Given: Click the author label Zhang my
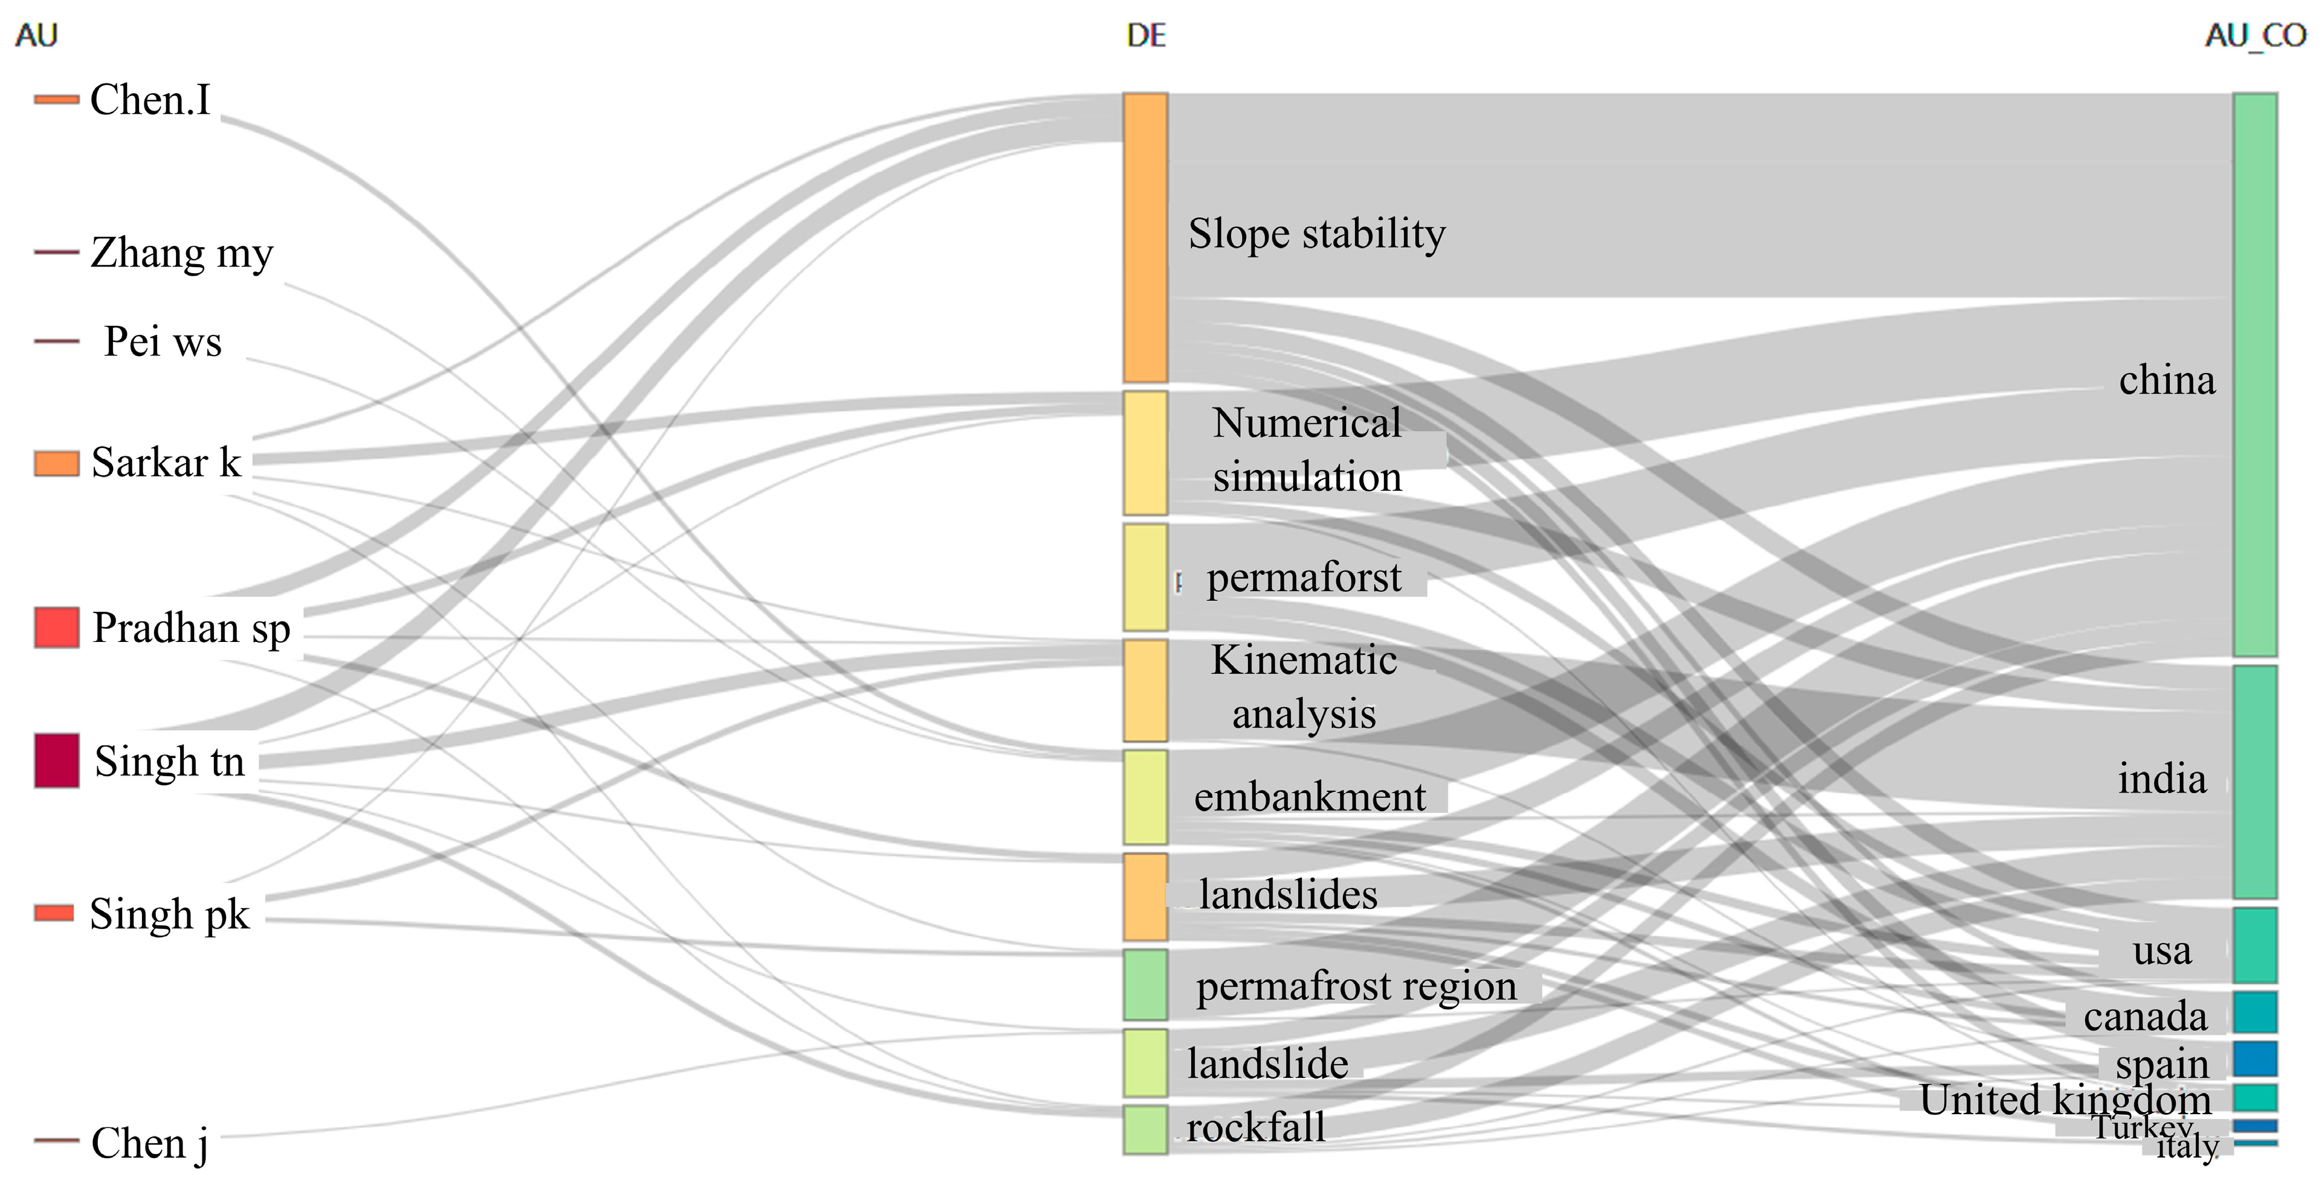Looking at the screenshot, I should point(182,253).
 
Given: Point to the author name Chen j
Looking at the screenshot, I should point(149,1142).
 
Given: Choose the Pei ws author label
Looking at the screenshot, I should point(162,341).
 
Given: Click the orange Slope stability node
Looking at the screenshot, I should point(1145,238).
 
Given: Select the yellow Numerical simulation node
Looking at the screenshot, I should point(1145,453).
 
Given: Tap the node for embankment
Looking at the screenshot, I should point(1145,797).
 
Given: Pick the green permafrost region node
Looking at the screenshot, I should point(1145,985).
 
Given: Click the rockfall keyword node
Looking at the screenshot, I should point(1145,1130).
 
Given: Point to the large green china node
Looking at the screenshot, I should point(2254,375).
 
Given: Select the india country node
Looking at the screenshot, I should point(2254,782).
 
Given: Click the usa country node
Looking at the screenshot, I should point(2254,945).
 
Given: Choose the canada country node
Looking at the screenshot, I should point(2254,1012).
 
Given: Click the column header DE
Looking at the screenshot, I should point(1146,36).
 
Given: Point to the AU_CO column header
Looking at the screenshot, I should point(2254,36).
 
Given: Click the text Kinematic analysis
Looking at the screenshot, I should point(1304,687).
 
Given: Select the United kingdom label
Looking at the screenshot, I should point(2064,1099).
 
